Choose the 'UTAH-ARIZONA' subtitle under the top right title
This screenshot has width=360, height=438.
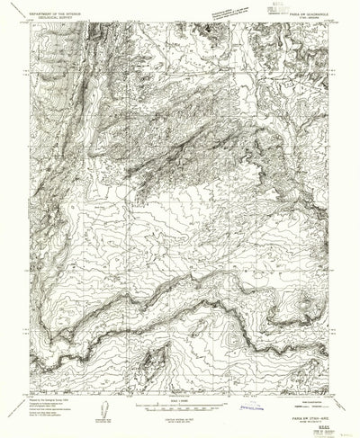pyautogui.click(x=307, y=19)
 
